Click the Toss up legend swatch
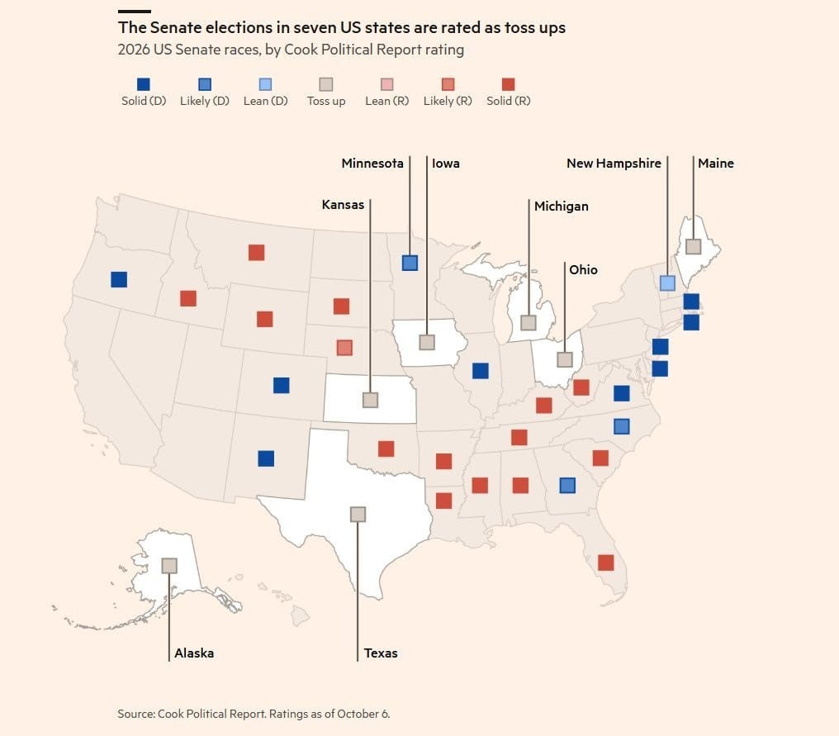click(x=326, y=84)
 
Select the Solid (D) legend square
click(x=144, y=84)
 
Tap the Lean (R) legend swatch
click(x=386, y=84)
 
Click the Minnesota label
click(x=372, y=164)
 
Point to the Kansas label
click(x=343, y=205)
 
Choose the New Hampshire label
click(x=614, y=164)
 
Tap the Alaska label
click(x=194, y=653)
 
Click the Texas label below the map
click(x=381, y=653)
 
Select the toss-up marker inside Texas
click(x=358, y=515)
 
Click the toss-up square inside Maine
click(x=694, y=246)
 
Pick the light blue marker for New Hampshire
click(x=667, y=283)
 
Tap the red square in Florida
click(x=605, y=563)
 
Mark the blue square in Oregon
click(x=119, y=279)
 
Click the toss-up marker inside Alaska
click(x=169, y=566)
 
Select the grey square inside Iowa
click(x=426, y=342)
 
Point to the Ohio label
click(x=583, y=270)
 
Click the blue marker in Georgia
click(x=567, y=486)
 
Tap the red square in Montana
click(x=256, y=253)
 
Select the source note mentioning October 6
click(x=254, y=714)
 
